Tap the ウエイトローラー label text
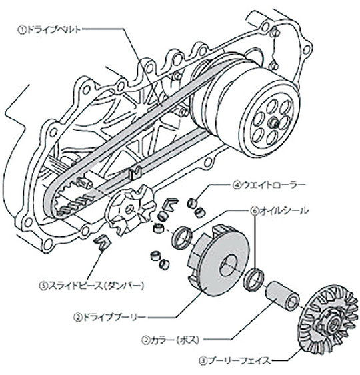273,185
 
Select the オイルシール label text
284,210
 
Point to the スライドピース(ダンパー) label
96,286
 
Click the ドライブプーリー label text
114,317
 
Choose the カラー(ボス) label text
175,340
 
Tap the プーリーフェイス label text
239,360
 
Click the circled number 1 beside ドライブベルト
21,30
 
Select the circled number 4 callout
237,185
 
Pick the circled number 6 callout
255,211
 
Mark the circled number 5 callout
43,286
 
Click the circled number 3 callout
203,360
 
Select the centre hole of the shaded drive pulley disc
228,265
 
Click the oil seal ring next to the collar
254,280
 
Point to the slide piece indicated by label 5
102,242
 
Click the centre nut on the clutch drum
274,122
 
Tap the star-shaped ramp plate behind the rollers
131,210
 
